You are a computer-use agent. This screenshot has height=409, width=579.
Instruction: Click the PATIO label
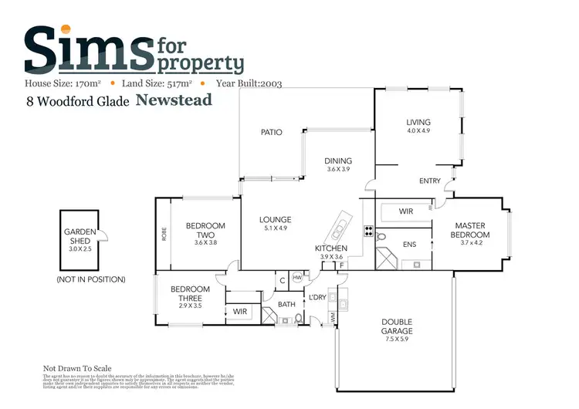(x=271, y=132)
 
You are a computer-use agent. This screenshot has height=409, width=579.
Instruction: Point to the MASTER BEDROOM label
(x=471, y=230)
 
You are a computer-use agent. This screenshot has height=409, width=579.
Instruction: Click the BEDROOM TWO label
(x=205, y=231)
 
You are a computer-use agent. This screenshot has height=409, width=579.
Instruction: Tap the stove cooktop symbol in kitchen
(x=368, y=229)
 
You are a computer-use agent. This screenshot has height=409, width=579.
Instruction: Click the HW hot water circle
(x=297, y=280)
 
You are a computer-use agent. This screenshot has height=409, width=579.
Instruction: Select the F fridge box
(x=340, y=265)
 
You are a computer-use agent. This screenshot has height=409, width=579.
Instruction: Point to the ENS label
(x=410, y=245)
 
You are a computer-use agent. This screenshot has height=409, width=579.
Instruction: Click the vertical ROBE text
(x=164, y=234)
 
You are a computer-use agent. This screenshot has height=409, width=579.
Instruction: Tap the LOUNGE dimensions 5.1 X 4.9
(x=275, y=228)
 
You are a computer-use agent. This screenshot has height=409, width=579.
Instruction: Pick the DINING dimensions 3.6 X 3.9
(x=338, y=169)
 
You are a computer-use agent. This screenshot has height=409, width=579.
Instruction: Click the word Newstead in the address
(x=174, y=100)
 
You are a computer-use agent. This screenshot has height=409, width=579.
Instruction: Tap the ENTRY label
(x=428, y=181)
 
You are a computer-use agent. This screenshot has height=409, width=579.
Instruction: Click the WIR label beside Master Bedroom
(x=405, y=211)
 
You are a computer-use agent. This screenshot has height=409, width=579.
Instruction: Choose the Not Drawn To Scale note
(x=77, y=369)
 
